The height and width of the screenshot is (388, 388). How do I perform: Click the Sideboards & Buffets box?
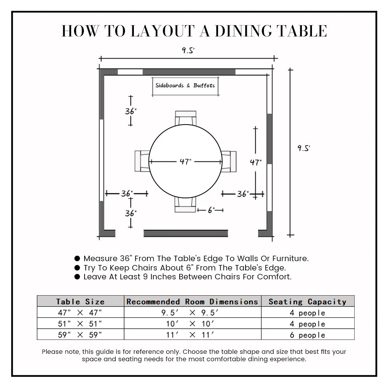[x=185, y=86]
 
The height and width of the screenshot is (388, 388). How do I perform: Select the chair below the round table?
[x=185, y=205]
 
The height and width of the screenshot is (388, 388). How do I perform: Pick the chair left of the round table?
[x=142, y=161]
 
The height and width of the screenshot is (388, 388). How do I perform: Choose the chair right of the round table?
[x=229, y=161]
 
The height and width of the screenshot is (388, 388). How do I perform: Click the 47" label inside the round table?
[x=185, y=161]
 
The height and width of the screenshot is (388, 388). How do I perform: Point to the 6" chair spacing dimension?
[x=211, y=210]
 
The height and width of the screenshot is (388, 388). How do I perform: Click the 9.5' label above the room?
[x=188, y=50]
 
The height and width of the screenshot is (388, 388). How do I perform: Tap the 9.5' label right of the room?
[x=304, y=148]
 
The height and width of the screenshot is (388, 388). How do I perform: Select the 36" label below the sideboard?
[x=131, y=111]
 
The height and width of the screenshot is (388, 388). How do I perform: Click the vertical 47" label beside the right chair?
[x=255, y=163]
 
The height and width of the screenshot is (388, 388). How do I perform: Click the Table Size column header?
[x=80, y=301]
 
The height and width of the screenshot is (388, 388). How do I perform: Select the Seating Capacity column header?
[x=307, y=301]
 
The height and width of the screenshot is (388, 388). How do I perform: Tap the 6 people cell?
[x=307, y=335]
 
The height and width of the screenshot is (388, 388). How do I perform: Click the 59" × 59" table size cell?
[x=80, y=335]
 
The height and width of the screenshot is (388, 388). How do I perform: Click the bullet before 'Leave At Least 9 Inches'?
[x=77, y=277]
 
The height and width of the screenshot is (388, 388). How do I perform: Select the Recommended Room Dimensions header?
[x=192, y=301]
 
